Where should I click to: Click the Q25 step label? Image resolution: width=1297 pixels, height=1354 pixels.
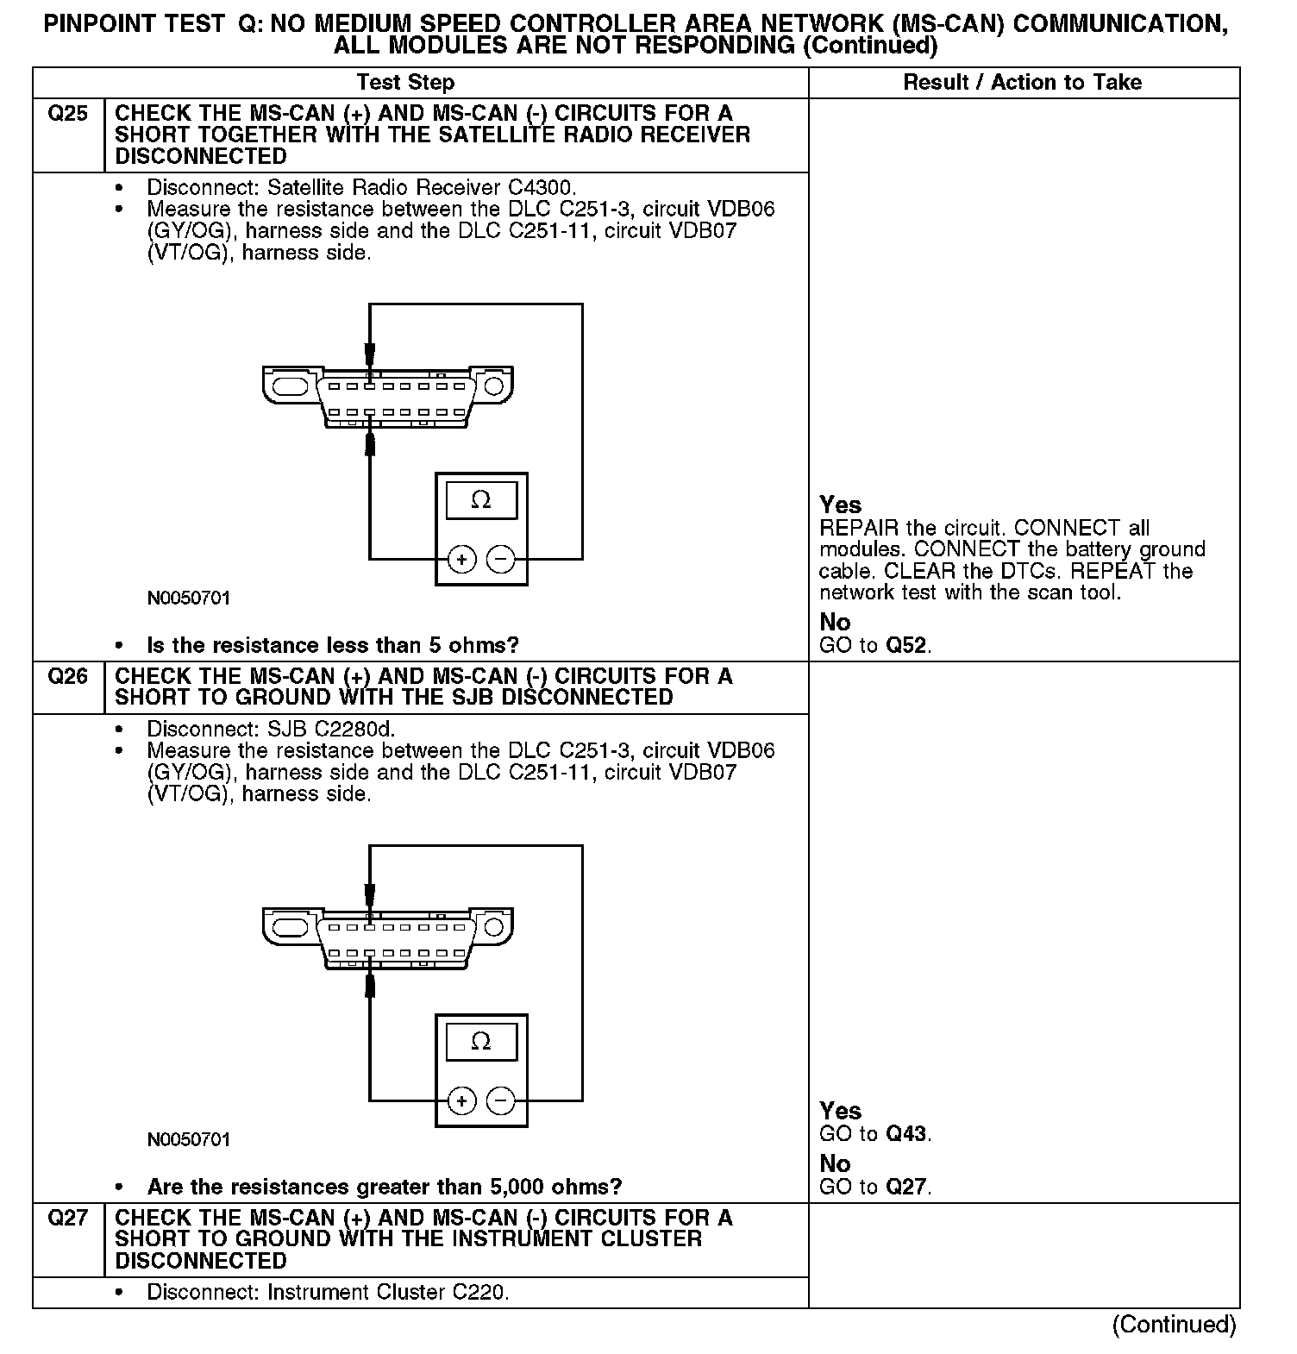pos(67,114)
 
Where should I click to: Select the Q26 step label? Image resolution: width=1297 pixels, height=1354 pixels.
pos(67,677)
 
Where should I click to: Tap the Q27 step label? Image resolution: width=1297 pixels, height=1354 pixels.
pos(67,1218)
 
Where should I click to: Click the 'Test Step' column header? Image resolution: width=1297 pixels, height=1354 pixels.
pos(405,83)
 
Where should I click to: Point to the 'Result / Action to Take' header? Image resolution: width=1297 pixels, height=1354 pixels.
pos(1022,83)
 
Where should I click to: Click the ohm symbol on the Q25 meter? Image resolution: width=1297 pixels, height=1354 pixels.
pos(481,500)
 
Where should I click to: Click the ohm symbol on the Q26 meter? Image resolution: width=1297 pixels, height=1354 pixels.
pos(481,1042)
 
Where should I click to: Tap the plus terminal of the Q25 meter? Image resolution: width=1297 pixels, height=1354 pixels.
pos(462,560)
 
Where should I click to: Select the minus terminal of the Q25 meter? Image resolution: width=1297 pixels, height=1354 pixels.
pos(500,560)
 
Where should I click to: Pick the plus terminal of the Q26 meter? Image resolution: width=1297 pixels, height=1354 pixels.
pos(462,1101)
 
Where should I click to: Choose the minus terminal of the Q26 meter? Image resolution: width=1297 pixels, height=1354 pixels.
pos(500,1101)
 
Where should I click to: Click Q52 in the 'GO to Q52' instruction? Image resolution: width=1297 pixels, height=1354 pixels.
pos(906,646)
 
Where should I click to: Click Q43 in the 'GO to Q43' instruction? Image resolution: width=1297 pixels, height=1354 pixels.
pos(906,1134)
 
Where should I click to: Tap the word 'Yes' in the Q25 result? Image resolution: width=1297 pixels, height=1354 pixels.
pos(840,505)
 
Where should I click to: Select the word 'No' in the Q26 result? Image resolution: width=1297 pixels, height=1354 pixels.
pos(835,1164)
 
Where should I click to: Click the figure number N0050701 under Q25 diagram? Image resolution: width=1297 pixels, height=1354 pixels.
pos(189,599)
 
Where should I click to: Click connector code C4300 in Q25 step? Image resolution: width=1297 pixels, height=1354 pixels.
pos(540,187)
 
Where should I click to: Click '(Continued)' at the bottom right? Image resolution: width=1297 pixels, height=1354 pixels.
pos(1174,1324)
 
